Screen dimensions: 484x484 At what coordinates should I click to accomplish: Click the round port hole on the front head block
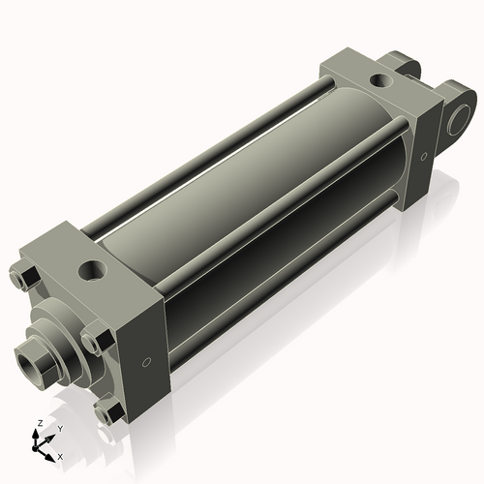point(94,267)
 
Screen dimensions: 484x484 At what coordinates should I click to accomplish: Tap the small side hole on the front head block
point(145,362)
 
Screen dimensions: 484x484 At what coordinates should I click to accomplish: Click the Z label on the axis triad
point(38,423)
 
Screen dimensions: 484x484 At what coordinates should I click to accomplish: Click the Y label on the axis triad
point(59,428)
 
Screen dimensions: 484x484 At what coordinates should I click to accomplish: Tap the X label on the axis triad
point(61,455)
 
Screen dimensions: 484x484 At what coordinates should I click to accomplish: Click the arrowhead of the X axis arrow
point(52,452)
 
